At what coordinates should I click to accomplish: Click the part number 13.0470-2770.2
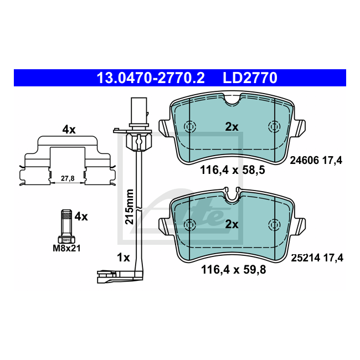click(x=151, y=78)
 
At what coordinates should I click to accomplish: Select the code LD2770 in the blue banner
click(x=250, y=78)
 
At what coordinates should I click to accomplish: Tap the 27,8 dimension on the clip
click(x=68, y=178)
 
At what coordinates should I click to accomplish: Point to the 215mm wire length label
click(x=129, y=207)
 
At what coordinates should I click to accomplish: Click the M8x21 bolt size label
click(x=66, y=248)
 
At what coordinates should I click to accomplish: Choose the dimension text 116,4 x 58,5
click(x=233, y=170)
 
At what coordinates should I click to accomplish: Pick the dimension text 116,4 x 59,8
click(x=234, y=270)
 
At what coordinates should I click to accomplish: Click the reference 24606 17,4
click(x=316, y=160)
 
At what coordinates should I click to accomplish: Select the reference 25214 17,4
click(x=317, y=258)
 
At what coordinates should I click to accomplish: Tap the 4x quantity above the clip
click(x=69, y=130)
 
